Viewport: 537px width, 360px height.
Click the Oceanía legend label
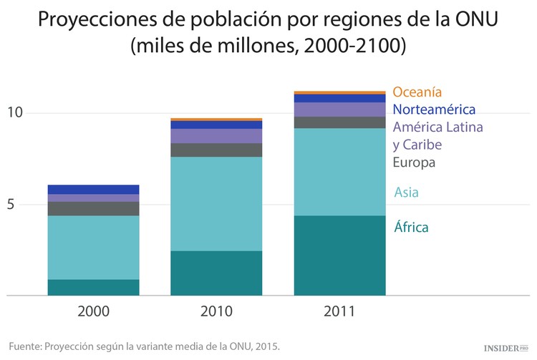click(x=417, y=92)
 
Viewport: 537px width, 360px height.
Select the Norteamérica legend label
click(x=434, y=110)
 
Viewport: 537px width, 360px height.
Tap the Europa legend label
click(x=414, y=162)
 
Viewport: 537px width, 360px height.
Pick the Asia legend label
click(x=406, y=193)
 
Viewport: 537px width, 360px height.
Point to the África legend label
click(x=411, y=228)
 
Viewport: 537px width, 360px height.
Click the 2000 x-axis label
click(x=93, y=312)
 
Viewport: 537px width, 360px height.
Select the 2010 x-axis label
click(x=216, y=312)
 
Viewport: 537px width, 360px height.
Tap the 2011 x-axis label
click(x=340, y=312)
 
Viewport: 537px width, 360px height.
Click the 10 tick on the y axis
click(x=16, y=112)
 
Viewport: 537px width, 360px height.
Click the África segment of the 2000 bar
click(x=93, y=287)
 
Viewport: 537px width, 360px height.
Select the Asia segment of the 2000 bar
click(x=93, y=247)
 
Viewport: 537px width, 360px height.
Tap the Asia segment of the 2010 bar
click(x=216, y=203)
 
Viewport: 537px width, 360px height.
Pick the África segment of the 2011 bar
click(x=340, y=255)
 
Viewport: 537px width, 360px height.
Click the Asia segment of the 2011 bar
click(x=340, y=172)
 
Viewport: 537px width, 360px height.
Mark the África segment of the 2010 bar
click(x=216, y=273)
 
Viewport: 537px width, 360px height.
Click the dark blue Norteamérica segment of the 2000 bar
click(x=93, y=189)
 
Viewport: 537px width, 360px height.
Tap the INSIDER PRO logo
click(x=506, y=347)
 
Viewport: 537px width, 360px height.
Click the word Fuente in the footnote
click(x=24, y=346)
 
